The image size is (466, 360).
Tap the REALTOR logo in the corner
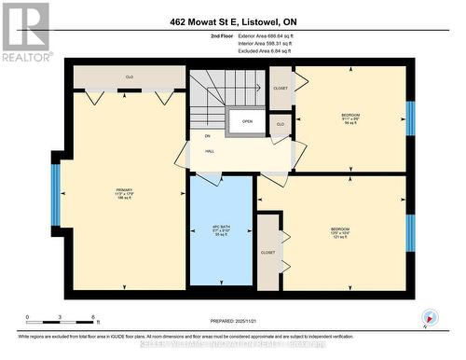tap(26, 32)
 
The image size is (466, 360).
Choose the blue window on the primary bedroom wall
tap(55, 194)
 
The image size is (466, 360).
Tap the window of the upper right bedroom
tap(410, 118)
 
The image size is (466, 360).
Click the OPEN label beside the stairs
tap(247, 121)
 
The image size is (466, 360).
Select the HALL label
tap(210, 149)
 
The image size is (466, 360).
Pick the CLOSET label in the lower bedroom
tap(268, 251)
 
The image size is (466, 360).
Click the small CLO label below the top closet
tap(280, 122)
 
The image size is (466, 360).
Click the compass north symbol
tap(428, 316)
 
